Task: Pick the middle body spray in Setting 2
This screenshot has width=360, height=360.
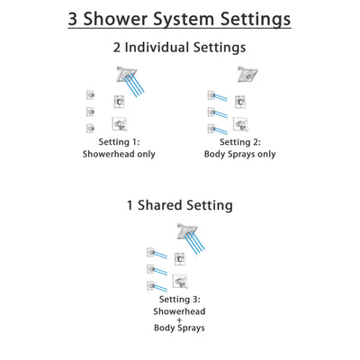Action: [212, 112]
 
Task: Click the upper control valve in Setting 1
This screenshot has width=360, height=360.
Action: [119, 103]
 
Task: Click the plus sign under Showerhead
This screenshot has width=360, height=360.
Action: [180, 332]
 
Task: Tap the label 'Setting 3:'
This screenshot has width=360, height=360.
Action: [180, 299]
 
